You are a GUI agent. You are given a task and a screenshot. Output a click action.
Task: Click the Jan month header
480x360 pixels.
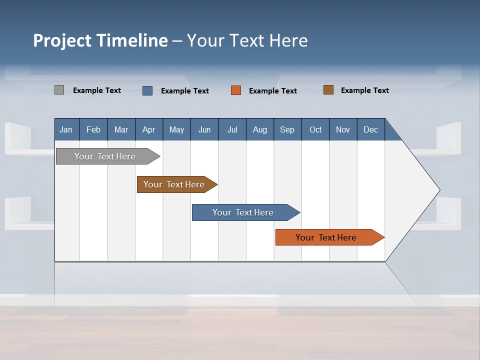(x=66, y=129)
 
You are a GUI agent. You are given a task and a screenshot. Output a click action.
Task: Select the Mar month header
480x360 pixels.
(x=121, y=129)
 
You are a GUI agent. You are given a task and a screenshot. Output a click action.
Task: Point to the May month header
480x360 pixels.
(x=176, y=129)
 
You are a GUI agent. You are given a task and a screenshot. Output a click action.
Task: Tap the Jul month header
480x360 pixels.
(x=232, y=129)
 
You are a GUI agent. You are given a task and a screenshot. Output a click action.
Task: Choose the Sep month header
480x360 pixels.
(x=287, y=129)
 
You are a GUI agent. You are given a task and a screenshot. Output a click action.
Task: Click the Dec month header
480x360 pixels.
(x=370, y=129)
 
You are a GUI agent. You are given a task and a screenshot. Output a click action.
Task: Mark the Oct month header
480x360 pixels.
(x=315, y=129)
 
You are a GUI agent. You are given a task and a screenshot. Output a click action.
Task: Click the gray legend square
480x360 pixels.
(x=59, y=90)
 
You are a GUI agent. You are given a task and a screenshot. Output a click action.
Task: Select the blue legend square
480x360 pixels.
(x=147, y=90)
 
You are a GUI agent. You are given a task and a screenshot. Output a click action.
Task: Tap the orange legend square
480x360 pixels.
(x=236, y=90)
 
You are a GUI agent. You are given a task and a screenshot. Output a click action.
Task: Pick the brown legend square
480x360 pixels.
(x=328, y=90)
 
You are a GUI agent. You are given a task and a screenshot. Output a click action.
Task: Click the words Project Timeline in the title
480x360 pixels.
(x=100, y=40)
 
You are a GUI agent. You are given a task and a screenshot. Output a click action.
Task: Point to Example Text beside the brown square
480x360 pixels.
(x=364, y=90)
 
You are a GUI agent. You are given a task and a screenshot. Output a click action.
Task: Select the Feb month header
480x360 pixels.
(x=93, y=129)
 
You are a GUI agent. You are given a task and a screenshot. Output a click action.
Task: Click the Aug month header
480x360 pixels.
(x=259, y=129)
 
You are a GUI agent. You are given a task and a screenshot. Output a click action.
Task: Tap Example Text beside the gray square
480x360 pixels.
(x=97, y=90)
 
